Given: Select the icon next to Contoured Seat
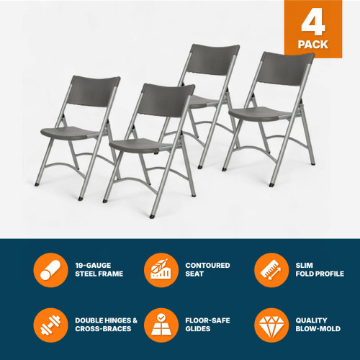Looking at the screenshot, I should (159, 269).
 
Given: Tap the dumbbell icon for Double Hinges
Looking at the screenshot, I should (48, 325).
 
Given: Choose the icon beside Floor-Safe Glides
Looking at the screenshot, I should (159, 325).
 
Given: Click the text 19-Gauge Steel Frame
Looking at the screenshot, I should (99, 269).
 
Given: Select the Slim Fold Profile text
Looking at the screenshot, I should (318, 269).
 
